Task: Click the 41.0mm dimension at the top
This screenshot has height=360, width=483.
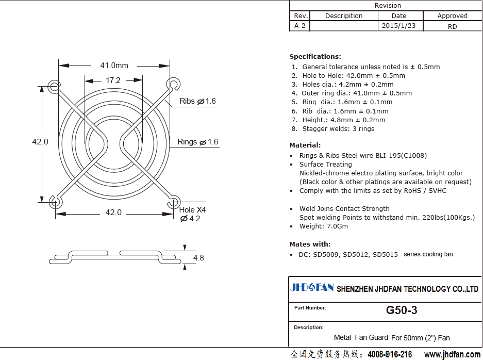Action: pyautogui.click(x=114, y=66)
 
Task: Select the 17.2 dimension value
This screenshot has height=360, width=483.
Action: pyautogui.click(x=113, y=80)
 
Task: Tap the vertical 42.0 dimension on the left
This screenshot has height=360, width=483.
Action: pyautogui.click(x=40, y=142)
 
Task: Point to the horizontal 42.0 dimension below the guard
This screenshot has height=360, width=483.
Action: pyautogui.click(x=113, y=212)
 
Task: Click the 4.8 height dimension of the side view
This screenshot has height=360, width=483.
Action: pyautogui.click(x=198, y=258)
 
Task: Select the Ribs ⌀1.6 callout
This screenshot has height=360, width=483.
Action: pyautogui.click(x=197, y=101)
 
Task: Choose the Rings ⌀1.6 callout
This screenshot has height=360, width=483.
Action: pyautogui.click(x=198, y=142)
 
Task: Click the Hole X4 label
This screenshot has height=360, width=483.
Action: pyautogui.click(x=192, y=210)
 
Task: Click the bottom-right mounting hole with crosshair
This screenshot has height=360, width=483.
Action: pyautogui.click(x=174, y=203)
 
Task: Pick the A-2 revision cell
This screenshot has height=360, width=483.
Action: pyautogui.click(x=299, y=26)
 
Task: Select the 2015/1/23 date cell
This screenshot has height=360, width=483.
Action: pyautogui.click(x=398, y=26)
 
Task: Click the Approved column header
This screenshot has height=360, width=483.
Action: pyautogui.click(x=452, y=15)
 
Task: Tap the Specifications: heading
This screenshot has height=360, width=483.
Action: pyautogui.click(x=315, y=56)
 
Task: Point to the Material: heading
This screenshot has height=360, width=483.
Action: pyautogui.click(x=305, y=145)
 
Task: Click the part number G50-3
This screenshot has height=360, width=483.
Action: pyautogui.click(x=402, y=310)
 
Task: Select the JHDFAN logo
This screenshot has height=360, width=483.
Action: pyautogui.click(x=312, y=288)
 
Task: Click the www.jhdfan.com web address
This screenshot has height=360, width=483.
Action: pyautogui.click(x=452, y=354)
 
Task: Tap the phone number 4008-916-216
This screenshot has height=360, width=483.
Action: pyautogui.click(x=390, y=354)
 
